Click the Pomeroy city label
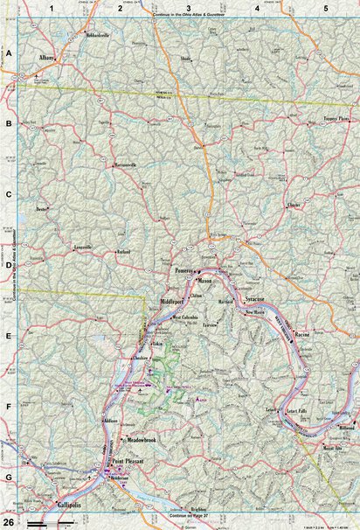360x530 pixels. [x=182, y=271]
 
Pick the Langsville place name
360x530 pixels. [x=80, y=248]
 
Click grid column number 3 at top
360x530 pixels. [x=176, y=8]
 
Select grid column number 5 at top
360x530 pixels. [x=325, y=8]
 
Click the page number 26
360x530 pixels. [x=8, y=521]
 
